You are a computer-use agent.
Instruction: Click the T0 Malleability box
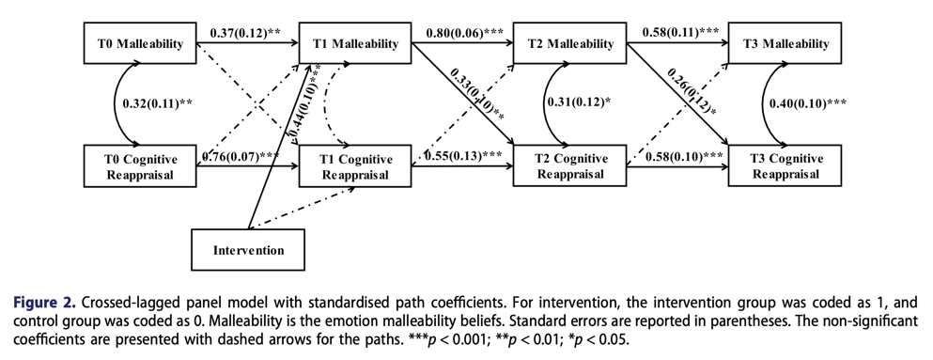tap(140, 43)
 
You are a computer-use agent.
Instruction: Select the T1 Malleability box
tap(355, 43)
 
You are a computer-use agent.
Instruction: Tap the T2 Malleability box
tap(570, 43)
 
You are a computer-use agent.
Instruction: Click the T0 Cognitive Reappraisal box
tap(140, 165)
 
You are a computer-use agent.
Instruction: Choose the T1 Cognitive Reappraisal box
tap(355, 165)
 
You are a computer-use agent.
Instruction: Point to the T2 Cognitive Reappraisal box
tap(570, 165)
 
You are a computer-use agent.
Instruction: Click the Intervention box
tap(248, 249)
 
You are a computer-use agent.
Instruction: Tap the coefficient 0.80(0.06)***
tap(460, 33)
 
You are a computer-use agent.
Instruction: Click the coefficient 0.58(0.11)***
tap(676, 33)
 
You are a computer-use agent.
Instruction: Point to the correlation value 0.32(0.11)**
tap(157, 103)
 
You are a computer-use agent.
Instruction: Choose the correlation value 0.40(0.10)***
tap(807, 103)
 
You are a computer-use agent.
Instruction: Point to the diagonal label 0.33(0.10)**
tap(477, 95)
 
